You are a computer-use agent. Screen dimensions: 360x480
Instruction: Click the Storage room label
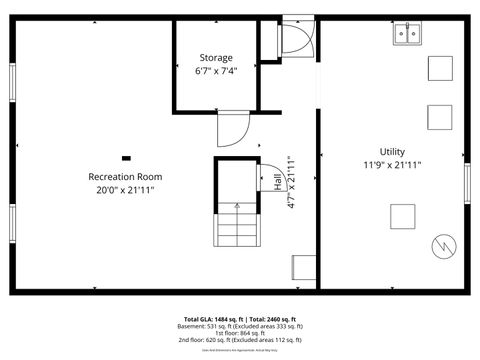pos(216,58)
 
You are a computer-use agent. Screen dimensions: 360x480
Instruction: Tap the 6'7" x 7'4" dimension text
pos(216,70)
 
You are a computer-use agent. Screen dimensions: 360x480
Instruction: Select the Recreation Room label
pos(125,177)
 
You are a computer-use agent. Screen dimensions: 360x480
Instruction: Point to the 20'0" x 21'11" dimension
pos(125,189)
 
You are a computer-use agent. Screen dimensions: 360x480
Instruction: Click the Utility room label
pos(391,152)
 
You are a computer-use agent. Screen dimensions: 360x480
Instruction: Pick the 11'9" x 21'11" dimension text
pos(391,165)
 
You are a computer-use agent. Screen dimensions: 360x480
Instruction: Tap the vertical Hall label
pos(277,182)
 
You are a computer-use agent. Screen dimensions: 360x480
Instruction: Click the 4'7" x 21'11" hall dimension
pos(290,182)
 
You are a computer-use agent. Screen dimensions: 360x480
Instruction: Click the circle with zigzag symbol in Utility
pos(440,244)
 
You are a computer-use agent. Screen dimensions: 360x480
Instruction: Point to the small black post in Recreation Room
pos(126,157)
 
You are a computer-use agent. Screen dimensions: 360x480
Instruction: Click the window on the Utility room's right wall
pos(466,182)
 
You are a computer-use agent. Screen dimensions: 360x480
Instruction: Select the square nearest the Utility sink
pos(440,68)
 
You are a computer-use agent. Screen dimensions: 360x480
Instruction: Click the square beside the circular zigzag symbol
pos(403,216)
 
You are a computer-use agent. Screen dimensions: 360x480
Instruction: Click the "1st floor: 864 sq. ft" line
pos(240,333)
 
